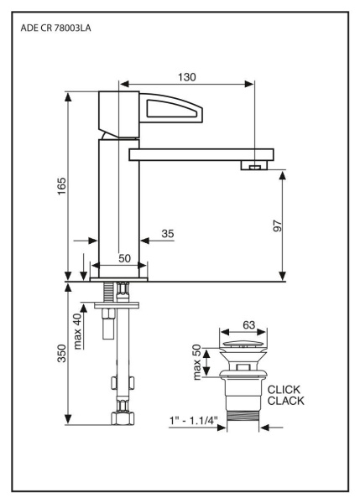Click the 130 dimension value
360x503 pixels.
pyautogui.click(x=186, y=77)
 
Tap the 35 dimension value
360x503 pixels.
pyautogui.click(x=167, y=234)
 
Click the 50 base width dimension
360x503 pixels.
pyautogui.click(x=124, y=258)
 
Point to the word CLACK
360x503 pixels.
pyautogui.click(x=285, y=402)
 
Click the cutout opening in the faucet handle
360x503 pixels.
pyautogui.click(x=173, y=108)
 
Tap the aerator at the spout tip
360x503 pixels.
pyautogui.click(x=254, y=166)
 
